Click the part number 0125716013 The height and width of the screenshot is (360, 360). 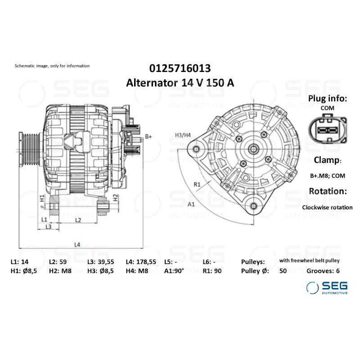coord(180,68)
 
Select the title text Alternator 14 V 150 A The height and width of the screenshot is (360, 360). coord(180,83)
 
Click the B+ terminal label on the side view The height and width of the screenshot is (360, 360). coord(149,136)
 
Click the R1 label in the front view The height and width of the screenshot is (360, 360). coord(197,184)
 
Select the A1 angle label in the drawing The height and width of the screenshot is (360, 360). coord(191,204)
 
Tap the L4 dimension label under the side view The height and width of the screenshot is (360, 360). coord(77,244)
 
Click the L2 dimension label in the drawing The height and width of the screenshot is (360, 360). coord(77,220)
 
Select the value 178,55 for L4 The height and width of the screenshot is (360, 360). coord(147,261)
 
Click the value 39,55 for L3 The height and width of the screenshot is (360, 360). coord(106,261)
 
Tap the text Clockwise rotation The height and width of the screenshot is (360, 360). coord(327,207)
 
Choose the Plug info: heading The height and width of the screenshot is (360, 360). coord(327,99)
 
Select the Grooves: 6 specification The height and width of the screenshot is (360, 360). coord(323,271)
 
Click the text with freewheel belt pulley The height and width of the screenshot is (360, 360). coord(309,261)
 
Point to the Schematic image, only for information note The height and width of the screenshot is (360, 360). coord(52,66)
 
